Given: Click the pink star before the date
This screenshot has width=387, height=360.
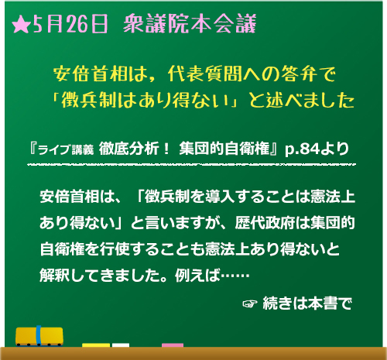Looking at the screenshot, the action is tap(21, 25).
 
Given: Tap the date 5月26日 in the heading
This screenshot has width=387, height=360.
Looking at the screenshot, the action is tap(70, 24).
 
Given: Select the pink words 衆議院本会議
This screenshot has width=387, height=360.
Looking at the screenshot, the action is tap(190, 24).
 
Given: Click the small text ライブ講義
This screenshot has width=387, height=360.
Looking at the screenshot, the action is tap(66, 149).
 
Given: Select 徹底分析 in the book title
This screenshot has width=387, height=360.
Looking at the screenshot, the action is tap(128, 149).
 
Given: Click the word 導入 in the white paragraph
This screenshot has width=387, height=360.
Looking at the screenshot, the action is tap(220, 197).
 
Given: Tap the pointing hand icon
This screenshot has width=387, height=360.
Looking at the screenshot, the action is tap(250, 303).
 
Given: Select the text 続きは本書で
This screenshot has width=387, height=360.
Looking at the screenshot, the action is tap(307, 303).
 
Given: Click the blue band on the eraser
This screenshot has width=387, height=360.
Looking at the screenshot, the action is tap(39, 335).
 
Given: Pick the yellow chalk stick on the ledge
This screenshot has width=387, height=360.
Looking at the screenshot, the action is tap(96, 345).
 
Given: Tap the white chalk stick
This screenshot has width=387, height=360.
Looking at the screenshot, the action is tap(121, 345).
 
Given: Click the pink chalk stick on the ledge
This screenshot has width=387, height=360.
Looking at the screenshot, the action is tap(173, 345).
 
